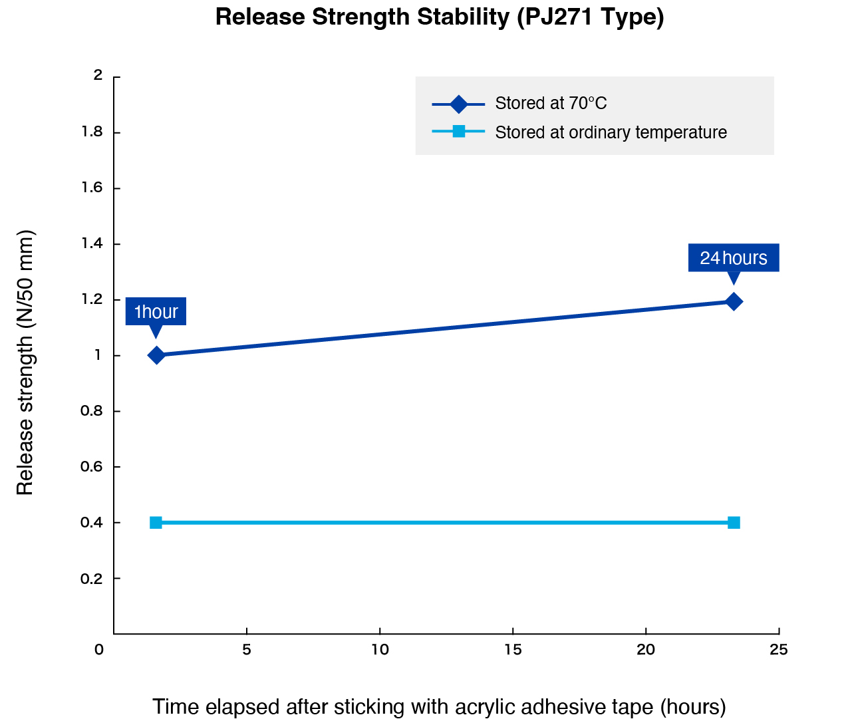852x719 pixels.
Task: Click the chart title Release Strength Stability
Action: [440, 17]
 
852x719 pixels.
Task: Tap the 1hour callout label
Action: [156, 311]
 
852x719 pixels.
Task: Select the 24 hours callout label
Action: [733, 257]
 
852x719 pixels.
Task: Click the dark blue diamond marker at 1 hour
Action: [156, 355]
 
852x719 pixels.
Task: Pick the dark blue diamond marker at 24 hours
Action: [734, 301]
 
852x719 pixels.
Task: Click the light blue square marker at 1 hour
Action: [156, 523]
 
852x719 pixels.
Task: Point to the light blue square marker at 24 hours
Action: [734, 523]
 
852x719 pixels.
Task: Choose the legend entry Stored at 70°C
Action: [551, 104]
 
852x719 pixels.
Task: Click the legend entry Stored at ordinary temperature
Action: [611, 132]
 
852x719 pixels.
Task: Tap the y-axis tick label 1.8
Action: [92, 132]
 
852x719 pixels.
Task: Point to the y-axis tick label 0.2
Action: [92, 579]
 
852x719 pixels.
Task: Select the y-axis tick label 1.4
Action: [92, 243]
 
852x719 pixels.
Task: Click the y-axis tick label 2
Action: [98, 75]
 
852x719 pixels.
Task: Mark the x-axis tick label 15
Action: [513, 650]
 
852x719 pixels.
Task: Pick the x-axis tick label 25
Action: [779, 650]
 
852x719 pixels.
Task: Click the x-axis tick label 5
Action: [247, 650]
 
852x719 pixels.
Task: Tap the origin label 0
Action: [99, 650]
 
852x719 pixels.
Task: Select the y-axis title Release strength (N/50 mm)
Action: [25, 362]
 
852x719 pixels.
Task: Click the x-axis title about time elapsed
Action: [439, 706]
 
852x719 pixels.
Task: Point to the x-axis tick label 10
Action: [380, 650]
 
